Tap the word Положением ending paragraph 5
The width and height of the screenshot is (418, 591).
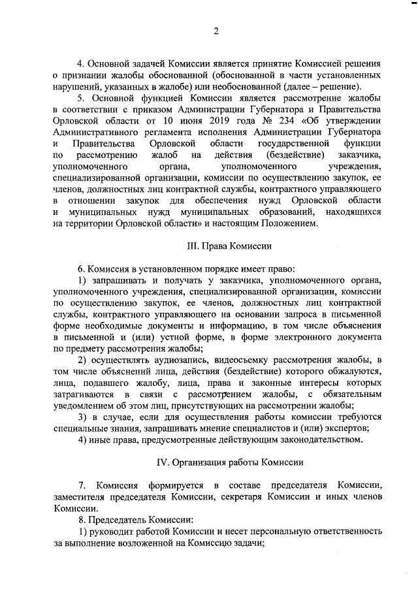click(281, 224)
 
